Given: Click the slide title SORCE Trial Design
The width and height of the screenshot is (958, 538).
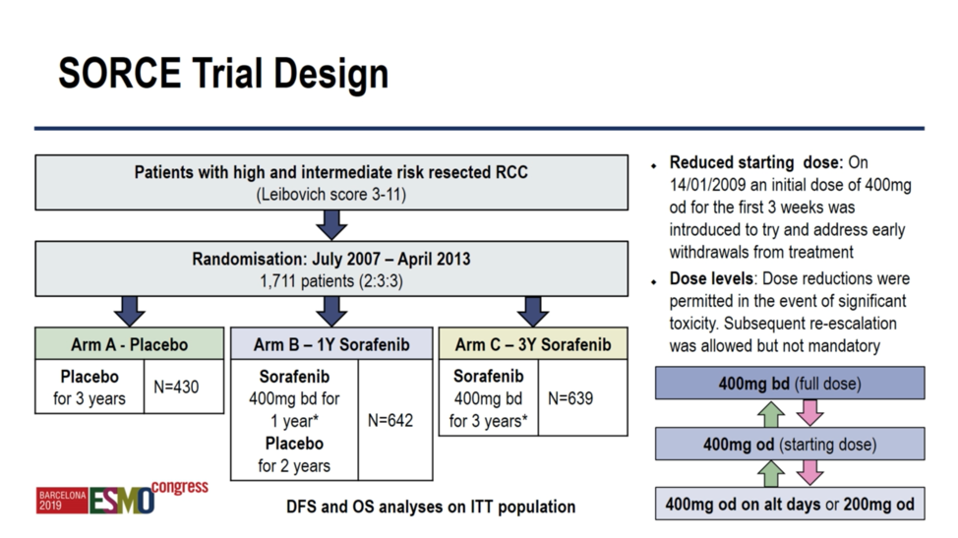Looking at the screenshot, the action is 223,74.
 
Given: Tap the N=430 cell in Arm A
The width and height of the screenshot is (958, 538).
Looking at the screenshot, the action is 176,387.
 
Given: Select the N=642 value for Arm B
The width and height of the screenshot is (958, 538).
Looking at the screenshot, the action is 390,420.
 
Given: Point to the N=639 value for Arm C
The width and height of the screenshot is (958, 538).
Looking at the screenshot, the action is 570,398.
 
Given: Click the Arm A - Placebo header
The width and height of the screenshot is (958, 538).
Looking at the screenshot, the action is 130,344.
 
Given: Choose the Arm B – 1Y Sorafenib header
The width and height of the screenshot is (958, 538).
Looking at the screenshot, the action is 331,344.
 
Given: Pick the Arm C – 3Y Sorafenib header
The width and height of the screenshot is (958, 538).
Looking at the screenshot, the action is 533,344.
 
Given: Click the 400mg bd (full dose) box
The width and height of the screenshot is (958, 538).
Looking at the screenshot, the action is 790,384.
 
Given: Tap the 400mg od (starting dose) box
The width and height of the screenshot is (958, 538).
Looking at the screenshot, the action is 790,444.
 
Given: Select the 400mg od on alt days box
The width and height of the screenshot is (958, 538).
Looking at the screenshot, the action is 790,504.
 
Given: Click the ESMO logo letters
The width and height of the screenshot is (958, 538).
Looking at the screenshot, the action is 122,501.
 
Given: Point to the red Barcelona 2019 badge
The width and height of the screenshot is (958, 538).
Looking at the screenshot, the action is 62,501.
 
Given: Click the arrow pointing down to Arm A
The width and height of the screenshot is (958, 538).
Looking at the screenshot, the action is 130,312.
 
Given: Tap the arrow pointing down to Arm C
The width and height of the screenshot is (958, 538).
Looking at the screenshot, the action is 533,312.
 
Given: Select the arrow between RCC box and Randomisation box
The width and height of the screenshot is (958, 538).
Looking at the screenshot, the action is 331,225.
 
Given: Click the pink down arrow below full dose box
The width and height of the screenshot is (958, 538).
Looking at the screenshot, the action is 810,413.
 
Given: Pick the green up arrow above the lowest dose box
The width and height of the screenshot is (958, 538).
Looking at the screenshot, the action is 771,473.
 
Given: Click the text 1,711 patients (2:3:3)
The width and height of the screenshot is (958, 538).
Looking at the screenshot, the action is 331,281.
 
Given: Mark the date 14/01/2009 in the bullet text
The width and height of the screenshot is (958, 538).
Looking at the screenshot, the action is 709,185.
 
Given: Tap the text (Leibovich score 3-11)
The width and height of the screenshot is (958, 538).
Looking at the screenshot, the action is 331,194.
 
